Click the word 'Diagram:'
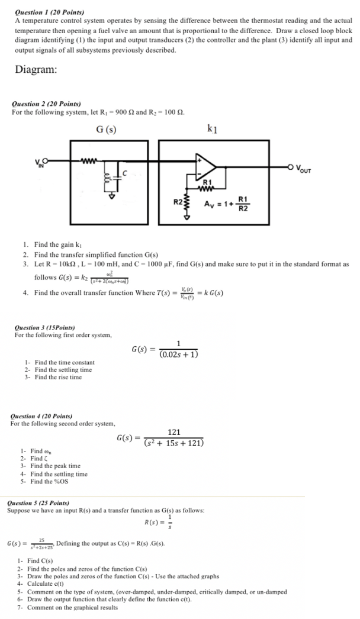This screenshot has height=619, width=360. pyautogui.click(x=36, y=69)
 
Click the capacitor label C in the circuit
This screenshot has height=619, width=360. pyautogui.click(x=125, y=173)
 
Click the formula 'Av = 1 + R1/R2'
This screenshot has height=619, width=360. pyautogui.click(x=226, y=204)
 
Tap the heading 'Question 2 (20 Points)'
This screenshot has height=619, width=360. pyautogui.click(x=47, y=104)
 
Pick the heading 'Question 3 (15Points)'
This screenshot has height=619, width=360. pyautogui.click(x=45, y=327)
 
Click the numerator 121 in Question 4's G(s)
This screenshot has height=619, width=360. pyautogui.click(x=174, y=432)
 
